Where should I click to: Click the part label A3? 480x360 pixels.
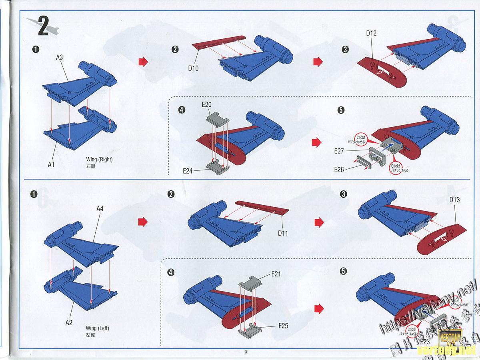[59, 58]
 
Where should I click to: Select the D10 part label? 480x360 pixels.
[194, 68]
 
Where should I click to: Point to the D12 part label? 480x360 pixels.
[371, 33]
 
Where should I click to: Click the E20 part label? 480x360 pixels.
[206, 105]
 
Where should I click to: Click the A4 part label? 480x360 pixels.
[101, 208]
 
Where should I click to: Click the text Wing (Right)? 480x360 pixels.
[99, 159]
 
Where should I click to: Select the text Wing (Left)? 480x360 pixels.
[97, 328]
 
